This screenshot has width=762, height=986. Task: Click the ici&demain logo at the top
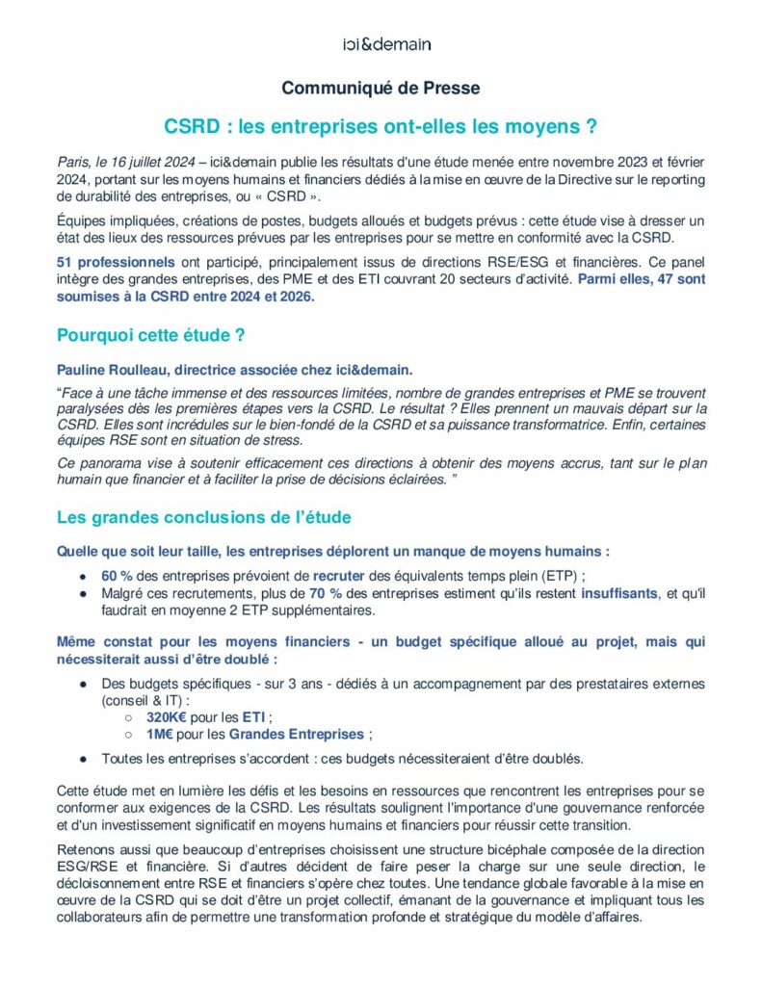coord(386,44)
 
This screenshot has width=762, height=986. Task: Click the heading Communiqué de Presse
coord(381,89)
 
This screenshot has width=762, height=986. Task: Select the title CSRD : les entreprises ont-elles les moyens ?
coord(381,126)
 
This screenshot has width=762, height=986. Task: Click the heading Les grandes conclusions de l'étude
coord(203,518)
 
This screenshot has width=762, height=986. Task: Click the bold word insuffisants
coord(618,593)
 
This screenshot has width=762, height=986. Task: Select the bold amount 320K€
coord(166,716)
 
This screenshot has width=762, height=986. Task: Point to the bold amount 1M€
coord(159,734)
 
